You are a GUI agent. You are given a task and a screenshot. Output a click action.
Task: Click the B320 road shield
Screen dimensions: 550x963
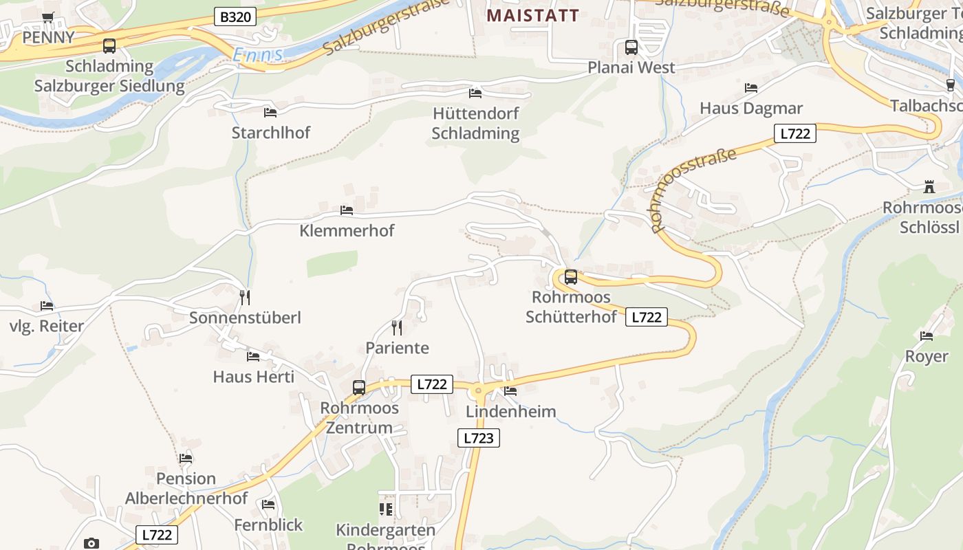click(x=235, y=17)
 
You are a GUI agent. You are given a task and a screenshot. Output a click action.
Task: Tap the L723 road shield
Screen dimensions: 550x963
click(x=479, y=438)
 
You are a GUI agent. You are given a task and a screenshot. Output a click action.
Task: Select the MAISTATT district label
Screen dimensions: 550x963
click(x=533, y=15)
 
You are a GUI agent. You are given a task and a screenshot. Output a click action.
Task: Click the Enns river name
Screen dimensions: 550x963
click(x=257, y=55)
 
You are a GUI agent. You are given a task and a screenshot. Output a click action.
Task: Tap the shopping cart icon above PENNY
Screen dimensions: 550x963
click(x=47, y=18)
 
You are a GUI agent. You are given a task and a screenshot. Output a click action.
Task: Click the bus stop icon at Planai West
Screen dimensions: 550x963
click(x=631, y=47)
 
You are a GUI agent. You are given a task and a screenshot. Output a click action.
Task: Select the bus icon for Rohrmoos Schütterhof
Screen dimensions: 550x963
click(x=571, y=277)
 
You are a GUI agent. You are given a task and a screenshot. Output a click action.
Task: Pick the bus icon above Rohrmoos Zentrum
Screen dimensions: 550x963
click(x=359, y=387)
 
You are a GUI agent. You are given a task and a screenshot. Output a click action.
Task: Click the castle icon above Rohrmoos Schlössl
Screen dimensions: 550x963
click(x=929, y=187)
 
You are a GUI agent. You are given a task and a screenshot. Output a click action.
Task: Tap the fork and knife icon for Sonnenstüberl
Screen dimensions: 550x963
click(x=244, y=297)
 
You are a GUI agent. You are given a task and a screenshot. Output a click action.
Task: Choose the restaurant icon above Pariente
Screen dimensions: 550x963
click(x=396, y=327)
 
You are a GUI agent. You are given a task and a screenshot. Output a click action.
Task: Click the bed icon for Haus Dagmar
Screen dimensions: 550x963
click(x=750, y=88)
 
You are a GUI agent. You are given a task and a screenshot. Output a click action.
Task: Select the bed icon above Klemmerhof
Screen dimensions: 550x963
click(x=347, y=210)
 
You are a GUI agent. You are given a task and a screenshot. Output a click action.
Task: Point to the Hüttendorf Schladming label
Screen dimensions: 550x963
click(x=475, y=123)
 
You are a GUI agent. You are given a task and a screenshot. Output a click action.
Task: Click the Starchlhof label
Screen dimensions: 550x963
click(x=271, y=132)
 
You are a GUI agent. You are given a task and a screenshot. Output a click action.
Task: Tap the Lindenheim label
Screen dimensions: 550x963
click(x=510, y=411)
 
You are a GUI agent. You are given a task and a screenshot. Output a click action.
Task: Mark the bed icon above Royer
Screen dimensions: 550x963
click(x=927, y=336)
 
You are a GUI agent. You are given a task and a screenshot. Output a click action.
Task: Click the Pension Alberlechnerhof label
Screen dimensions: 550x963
click(x=186, y=488)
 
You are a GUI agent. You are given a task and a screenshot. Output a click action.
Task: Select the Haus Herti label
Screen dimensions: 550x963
click(x=253, y=377)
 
